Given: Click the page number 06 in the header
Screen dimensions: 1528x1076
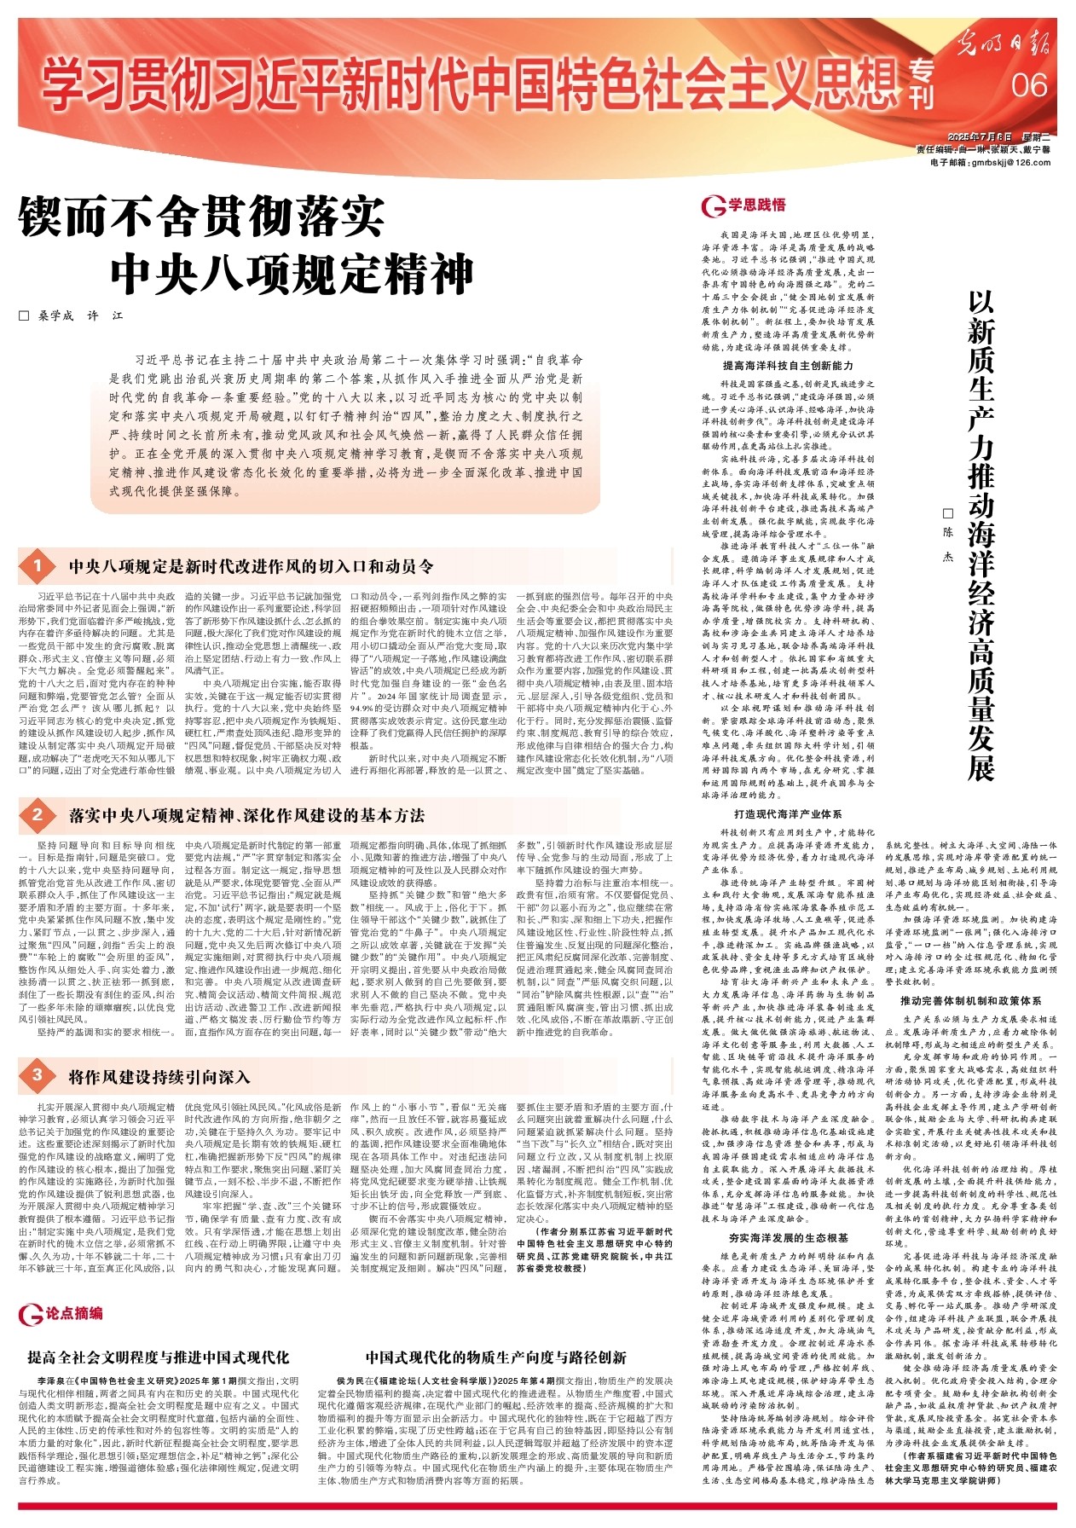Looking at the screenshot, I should click(x=1029, y=84).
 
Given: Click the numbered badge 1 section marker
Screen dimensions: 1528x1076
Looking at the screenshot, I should click(x=38, y=566).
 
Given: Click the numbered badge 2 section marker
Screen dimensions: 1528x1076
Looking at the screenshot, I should click(x=38, y=814).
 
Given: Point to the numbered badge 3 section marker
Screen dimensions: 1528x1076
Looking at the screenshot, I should click(x=38, y=1075).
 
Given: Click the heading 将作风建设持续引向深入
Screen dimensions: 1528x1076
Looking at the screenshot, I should click(x=159, y=1076).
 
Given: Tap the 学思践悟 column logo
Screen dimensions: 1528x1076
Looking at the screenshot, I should click(x=743, y=205).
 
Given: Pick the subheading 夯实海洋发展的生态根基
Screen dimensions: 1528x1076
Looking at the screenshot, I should click(x=788, y=1237).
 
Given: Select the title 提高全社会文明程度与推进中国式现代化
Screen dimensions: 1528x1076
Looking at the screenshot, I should click(x=159, y=1357).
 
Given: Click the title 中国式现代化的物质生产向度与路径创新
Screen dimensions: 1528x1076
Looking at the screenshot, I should click(x=495, y=1357).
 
